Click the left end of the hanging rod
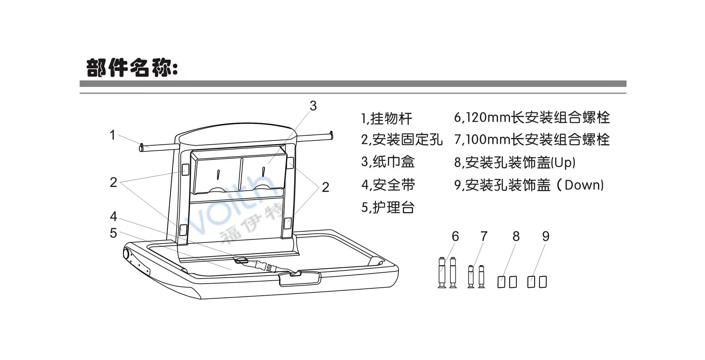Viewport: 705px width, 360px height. (x=141, y=148)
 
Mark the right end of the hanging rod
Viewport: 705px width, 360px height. (x=332, y=136)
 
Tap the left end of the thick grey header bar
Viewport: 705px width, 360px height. (x=80, y=84)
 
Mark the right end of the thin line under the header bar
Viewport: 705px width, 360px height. (x=626, y=93)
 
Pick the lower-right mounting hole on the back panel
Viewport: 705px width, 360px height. (x=288, y=223)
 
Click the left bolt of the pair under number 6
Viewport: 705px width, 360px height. (x=442, y=272)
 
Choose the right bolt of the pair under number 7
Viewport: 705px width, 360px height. (x=481, y=277)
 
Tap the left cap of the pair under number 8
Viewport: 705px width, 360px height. (x=501, y=282)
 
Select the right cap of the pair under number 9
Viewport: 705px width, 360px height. (x=543, y=282)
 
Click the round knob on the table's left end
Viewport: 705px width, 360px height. (x=126, y=253)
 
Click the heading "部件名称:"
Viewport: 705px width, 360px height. (x=132, y=68)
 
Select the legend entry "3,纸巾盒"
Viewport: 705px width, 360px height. (x=388, y=162)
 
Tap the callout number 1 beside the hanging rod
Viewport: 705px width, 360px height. (x=113, y=135)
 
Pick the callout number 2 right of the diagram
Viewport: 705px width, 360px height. (x=325, y=187)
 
